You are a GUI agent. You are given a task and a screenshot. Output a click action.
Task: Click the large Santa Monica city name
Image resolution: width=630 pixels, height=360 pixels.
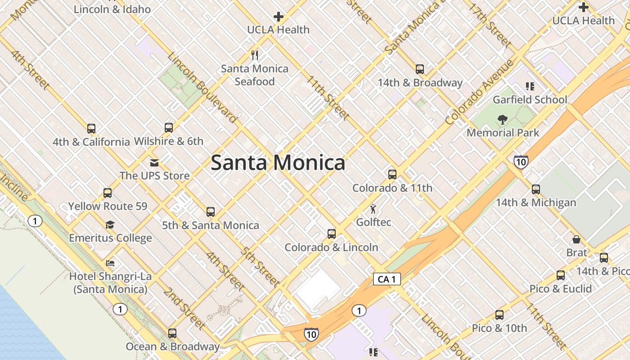278,162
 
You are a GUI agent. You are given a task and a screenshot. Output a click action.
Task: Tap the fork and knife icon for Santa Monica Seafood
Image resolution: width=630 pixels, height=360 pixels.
255,55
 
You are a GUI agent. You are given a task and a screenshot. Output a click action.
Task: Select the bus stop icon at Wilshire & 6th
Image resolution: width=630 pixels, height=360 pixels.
169,128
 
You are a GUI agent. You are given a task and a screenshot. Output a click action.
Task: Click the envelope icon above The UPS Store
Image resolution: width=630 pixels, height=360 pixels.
154,162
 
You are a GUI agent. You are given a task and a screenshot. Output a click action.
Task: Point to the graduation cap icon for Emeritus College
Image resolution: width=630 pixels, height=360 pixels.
110,225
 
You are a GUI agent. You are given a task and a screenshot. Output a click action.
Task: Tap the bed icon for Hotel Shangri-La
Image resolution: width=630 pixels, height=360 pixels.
110,263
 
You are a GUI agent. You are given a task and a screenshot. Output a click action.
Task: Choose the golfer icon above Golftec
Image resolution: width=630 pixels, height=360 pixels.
373,209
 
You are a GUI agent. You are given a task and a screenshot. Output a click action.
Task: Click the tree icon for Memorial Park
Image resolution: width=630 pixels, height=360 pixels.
503,120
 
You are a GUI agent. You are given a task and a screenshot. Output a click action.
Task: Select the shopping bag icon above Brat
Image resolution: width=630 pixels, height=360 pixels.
576,239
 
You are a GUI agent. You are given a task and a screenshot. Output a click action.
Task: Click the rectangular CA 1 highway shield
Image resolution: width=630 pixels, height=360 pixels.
387,279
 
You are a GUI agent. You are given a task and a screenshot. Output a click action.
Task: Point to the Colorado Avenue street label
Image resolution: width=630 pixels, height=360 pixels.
479,92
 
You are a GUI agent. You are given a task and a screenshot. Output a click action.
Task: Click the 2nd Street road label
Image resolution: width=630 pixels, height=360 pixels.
184,308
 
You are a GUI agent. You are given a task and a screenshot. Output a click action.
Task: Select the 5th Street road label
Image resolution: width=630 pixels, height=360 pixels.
260,267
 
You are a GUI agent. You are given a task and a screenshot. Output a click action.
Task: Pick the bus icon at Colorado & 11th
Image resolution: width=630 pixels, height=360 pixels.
392,175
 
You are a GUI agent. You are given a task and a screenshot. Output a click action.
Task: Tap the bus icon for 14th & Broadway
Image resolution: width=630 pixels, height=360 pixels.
420,69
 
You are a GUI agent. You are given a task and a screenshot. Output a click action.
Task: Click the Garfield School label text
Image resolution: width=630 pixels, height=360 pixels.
530,99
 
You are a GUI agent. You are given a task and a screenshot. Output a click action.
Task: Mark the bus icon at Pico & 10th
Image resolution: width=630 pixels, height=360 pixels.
499,315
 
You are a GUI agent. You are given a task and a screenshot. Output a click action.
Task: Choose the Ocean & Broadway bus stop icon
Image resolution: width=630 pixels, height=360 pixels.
172,333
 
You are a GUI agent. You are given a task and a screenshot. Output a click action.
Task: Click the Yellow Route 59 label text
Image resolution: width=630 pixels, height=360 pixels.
108,207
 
